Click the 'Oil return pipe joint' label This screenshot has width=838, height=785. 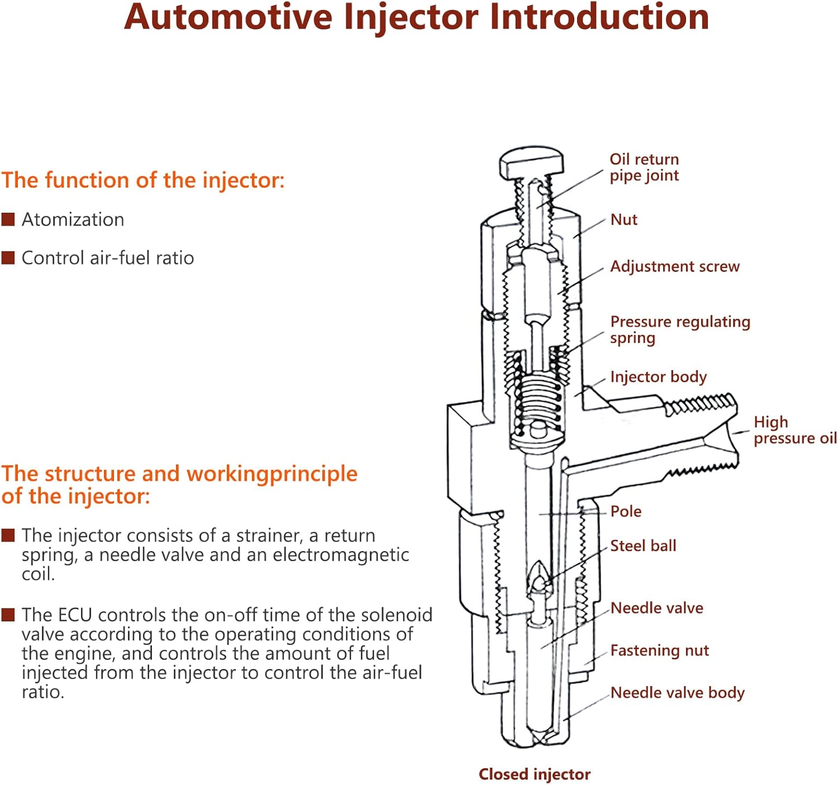click(644, 167)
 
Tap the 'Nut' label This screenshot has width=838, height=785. click(623, 219)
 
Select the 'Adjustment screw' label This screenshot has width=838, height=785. click(674, 266)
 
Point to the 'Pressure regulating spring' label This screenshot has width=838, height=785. click(679, 329)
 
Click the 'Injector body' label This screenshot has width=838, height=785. click(658, 377)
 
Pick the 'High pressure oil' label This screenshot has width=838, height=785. click(794, 430)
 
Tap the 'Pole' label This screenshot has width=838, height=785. click(626, 511)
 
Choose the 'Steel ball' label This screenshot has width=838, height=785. click(642, 545)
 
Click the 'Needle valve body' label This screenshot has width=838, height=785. click(677, 693)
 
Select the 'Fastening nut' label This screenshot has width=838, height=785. click(659, 650)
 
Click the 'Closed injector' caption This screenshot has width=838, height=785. click(534, 774)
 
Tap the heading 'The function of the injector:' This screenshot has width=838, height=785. click(143, 180)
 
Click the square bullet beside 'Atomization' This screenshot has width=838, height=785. click(8, 219)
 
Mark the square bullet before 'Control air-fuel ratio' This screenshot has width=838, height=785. click(8, 258)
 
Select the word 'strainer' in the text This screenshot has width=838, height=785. click(269, 535)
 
